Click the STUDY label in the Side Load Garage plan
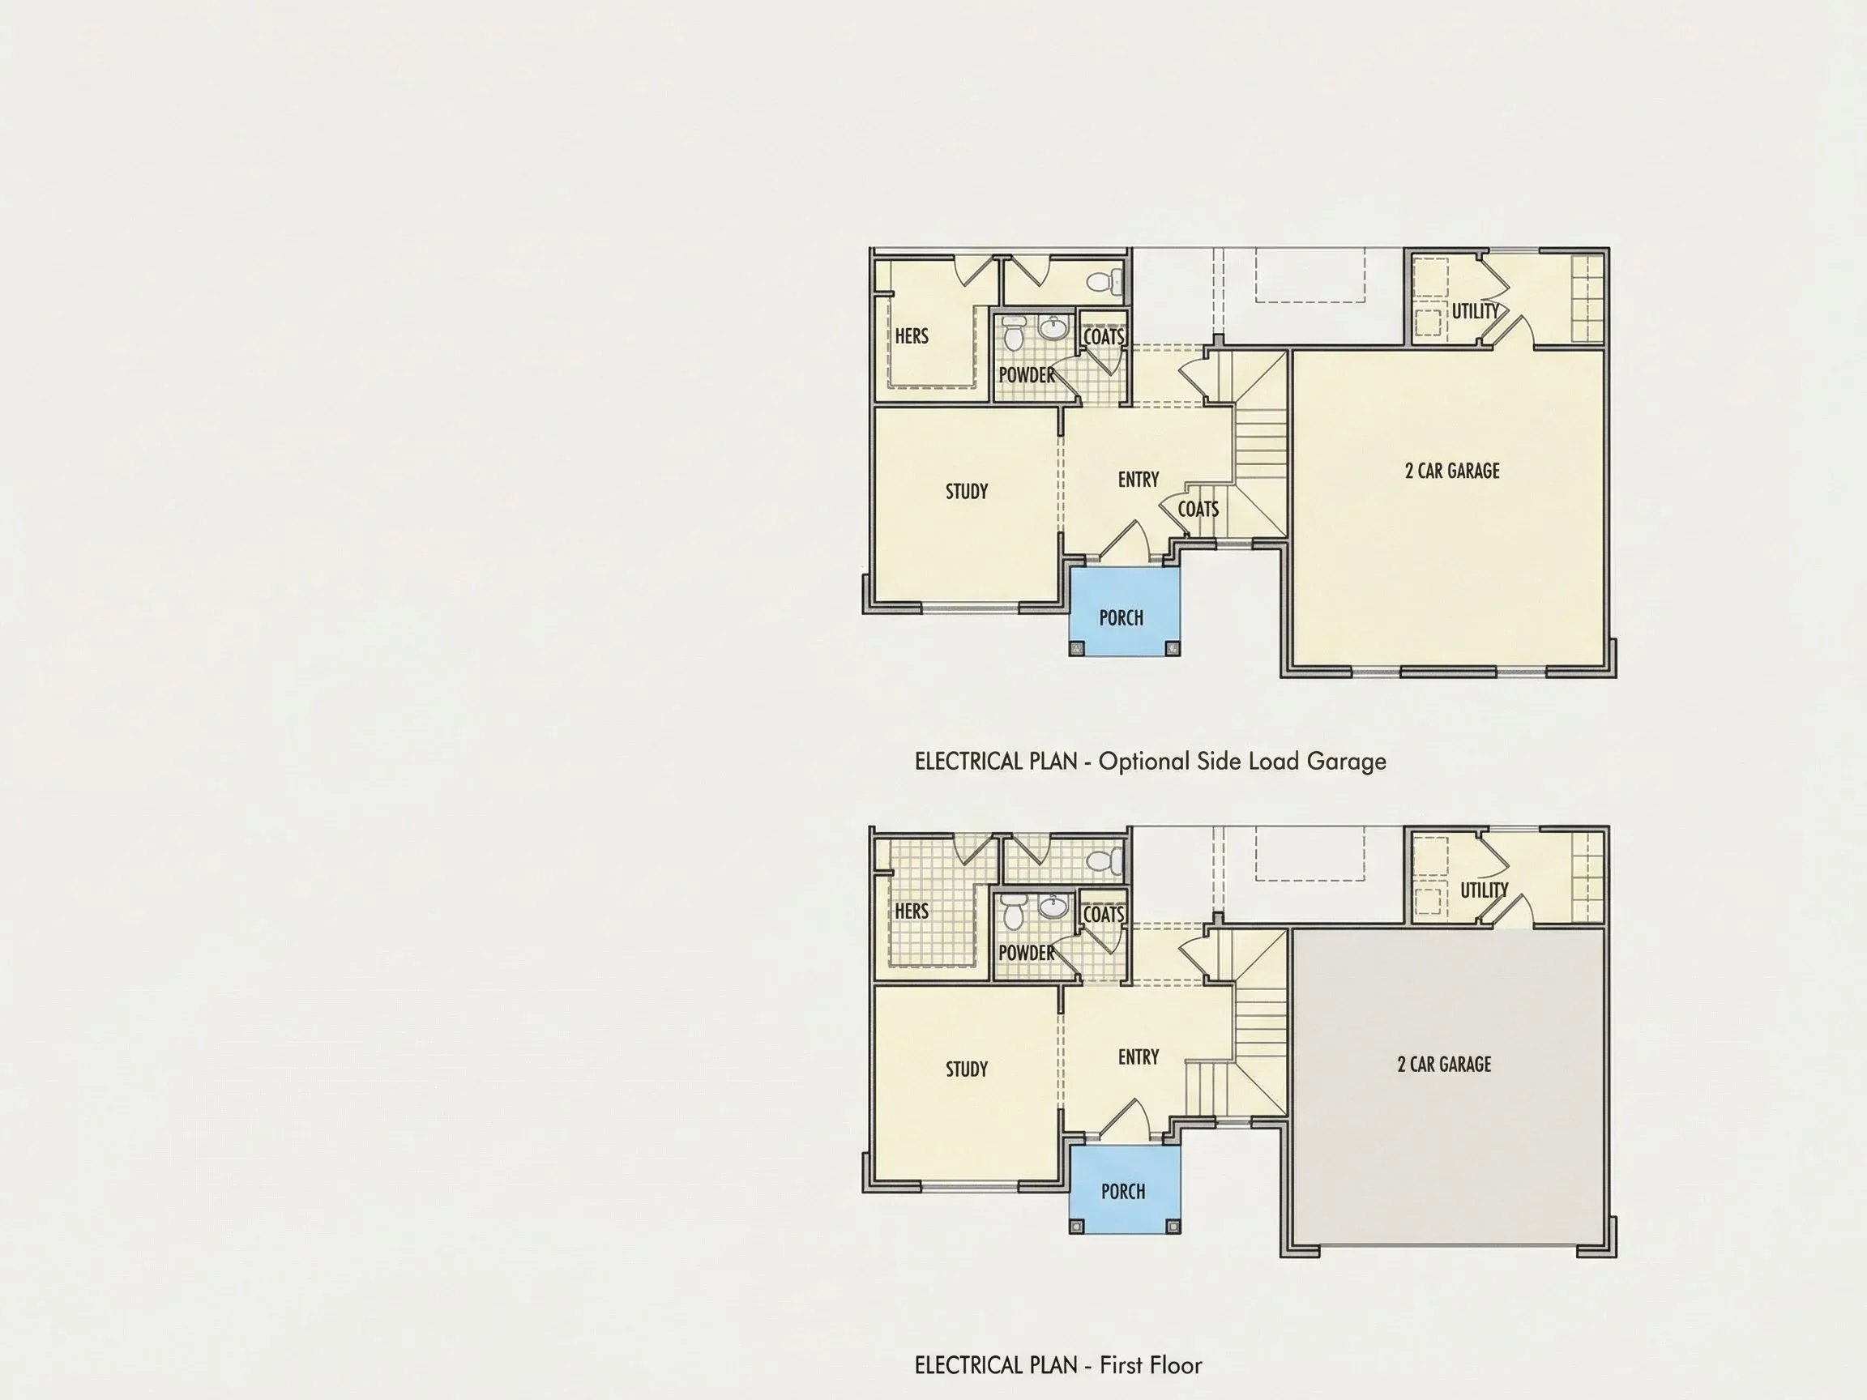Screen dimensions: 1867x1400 [x=967, y=491]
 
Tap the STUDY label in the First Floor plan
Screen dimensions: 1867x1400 [x=967, y=1069]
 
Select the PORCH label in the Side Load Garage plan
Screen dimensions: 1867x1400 [x=1121, y=617]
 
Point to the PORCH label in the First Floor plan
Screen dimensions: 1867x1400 [x=1122, y=1192]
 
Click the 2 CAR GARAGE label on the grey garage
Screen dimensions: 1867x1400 [x=1444, y=1064]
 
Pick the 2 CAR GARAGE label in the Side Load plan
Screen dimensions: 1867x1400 [x=1452, y=471]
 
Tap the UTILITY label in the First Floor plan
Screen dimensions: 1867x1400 [x=1484, y=890]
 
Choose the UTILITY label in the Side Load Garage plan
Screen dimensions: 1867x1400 [x=1476, y=310]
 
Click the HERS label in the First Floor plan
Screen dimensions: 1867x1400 [x=912, y=911]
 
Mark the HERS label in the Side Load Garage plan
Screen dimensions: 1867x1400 [x=912, y=336]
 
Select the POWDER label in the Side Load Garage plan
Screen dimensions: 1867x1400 [x=1027, y=374]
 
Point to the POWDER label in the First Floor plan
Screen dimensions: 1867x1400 [x=1027, y=953]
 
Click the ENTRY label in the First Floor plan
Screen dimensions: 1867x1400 [x=1139, y=1056]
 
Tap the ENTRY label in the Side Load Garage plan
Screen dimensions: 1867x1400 [x=1139, y=480]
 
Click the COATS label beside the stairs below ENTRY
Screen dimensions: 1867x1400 [x=1198, y=509]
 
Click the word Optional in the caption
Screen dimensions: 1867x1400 [x=1143, y=762]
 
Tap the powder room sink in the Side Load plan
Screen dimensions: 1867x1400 [x=1053, y=327]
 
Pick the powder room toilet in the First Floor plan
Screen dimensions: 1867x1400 [x=1014, y=911]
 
